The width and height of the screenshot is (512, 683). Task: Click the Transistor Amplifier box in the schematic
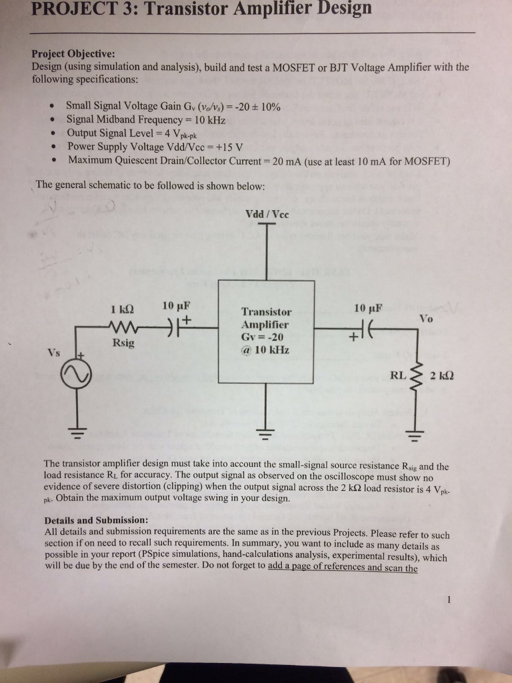point(266,331)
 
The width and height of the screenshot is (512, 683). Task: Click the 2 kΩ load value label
point(443,375)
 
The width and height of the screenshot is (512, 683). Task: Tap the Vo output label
point(427,319)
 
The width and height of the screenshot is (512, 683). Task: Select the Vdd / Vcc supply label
point(266,215)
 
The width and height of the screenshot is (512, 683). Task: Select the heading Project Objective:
point(73,54)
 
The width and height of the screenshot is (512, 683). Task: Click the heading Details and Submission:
point(96,520)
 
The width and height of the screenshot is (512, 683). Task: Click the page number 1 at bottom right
point(450,599)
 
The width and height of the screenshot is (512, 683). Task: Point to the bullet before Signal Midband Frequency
point(52,120)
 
